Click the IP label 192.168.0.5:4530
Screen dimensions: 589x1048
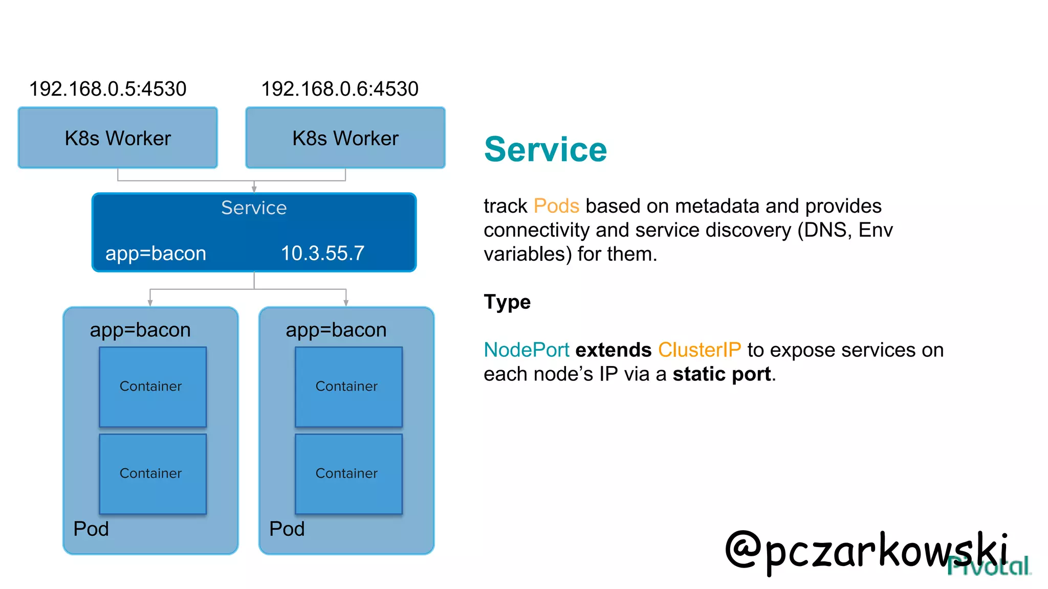[x=107, y=89]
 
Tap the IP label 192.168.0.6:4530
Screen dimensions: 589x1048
[x=340, y=89]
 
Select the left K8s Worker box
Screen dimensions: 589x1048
[x=118, y=138]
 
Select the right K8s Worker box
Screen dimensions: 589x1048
[x=345, y=138]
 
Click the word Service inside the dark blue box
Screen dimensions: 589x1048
[x=254, y=208]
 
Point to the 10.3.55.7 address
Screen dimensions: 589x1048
[x=322, y=254]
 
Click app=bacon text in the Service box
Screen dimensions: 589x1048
[x=156, y=254]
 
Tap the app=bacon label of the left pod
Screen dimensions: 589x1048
[x=140, y=330]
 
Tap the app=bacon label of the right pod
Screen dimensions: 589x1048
[x=336, y=330]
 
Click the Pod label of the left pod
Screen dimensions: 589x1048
[x=91, y=529]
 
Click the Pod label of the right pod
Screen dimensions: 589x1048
[x=287, y=529]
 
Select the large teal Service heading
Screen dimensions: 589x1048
[x=545, y=150]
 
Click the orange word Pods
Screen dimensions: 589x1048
[x=556, y=206]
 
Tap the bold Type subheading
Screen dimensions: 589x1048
[x=507, y=302]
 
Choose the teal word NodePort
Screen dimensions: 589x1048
[x=527, y=350]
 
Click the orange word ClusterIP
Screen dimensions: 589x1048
[x=699, y=350]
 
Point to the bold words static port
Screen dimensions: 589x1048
[x=722, y=374]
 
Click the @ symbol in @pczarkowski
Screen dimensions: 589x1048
[x=743, y=550]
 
